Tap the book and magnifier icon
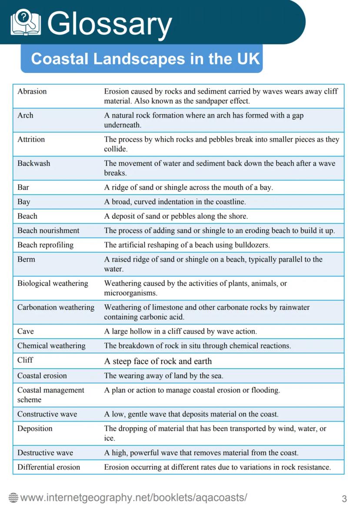coord(26,23)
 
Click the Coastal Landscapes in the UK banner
coord(142,59)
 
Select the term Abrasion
coord(32,91)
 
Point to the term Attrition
coord(31,139)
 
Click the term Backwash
coord(33,163)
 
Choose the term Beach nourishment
coord(48,230)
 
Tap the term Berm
coord(26,259)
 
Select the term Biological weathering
coord(53,283)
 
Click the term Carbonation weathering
coord(56,307)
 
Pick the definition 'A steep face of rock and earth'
coord(158,361)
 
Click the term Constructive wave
coord(47,414)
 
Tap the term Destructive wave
coord(45,453)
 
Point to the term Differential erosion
coord(49,467)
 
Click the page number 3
coord(344,499)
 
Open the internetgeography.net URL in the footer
coord(133,498)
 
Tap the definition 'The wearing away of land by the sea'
coord(163,376)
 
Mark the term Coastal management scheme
coord(50,395)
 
